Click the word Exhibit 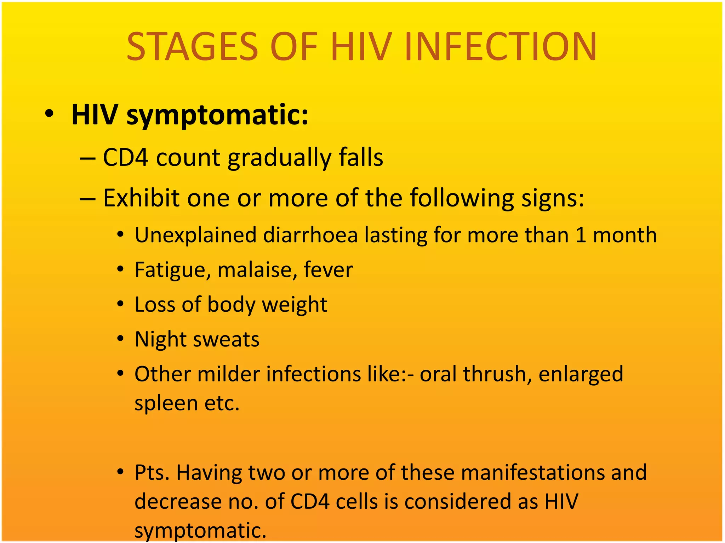(x=141, y=198)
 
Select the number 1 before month (x=581, y=235)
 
